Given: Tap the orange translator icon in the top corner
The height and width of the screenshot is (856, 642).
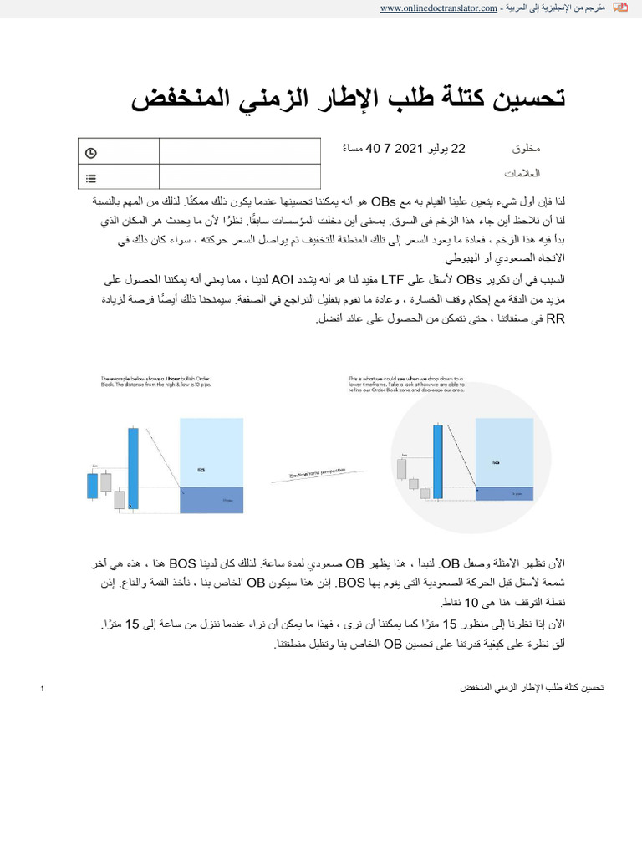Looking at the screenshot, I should click(619, 8).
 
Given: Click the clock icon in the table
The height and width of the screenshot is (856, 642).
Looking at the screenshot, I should click(91, 152).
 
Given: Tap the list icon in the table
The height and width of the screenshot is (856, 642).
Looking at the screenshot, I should click(91, 177).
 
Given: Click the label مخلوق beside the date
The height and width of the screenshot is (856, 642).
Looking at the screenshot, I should click(526, 149).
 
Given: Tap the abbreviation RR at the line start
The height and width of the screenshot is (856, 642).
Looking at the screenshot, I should click(555, 318).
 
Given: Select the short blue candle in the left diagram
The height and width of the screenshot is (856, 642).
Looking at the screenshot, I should click(92, 486).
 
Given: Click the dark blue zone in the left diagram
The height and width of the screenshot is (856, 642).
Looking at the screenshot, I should click(211, 499).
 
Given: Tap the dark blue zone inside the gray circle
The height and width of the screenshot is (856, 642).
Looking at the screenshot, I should click(505, 493).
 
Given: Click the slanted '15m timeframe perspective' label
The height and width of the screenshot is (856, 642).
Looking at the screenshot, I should click(306, 475).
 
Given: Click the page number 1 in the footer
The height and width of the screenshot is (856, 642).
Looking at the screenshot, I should click(41, 688).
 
